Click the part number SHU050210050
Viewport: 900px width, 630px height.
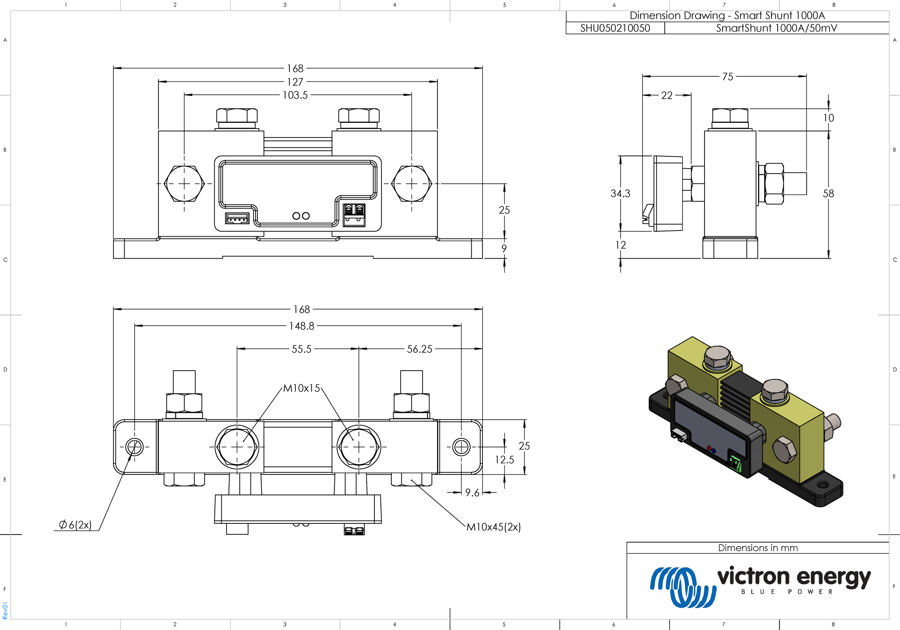615,28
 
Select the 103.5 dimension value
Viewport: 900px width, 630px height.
295,95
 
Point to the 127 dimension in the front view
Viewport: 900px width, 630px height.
295,82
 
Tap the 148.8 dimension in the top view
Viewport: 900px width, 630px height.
301,326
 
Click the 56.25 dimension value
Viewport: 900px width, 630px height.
419,349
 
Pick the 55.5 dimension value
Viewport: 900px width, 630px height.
301,349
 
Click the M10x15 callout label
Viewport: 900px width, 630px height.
301,388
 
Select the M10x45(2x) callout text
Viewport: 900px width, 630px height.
493,527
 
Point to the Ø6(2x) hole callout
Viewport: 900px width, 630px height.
75,524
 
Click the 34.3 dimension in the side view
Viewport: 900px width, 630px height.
620,193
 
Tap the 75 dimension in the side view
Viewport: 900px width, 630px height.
728,76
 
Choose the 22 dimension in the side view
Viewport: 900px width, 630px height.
666,95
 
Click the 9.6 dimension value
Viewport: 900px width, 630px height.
472,493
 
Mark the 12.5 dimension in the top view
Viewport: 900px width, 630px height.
504,459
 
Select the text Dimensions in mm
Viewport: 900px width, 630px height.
758,548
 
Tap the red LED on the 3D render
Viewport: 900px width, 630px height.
709,448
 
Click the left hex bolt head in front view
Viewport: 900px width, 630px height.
184,184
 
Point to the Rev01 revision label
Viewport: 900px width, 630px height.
5,611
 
